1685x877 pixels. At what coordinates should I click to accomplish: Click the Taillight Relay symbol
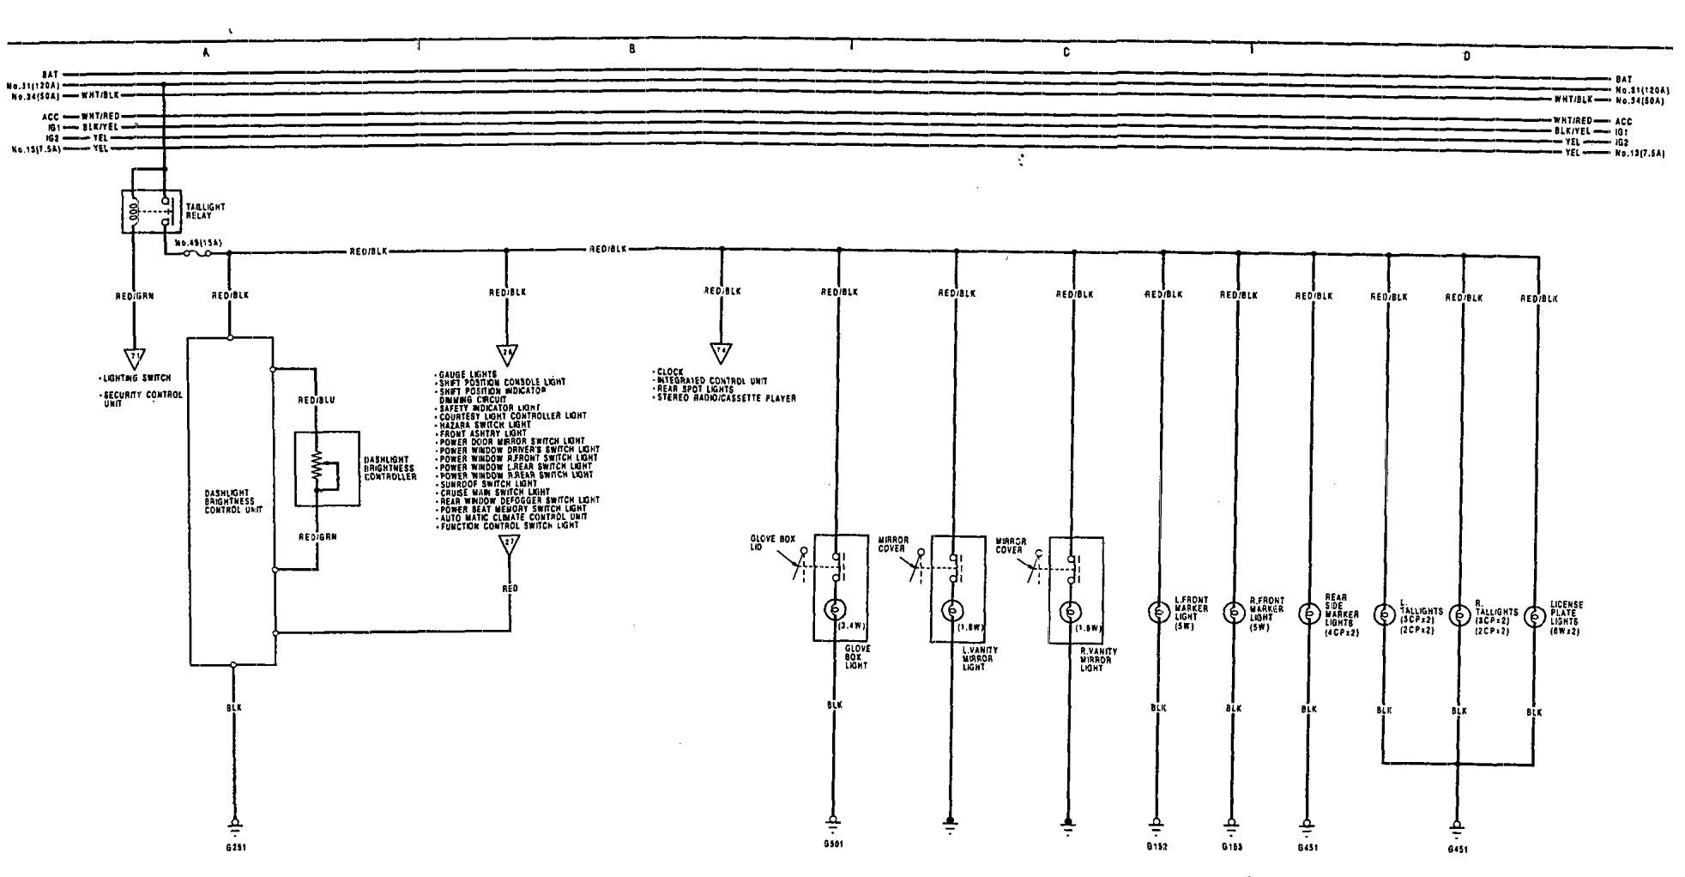click(x=151, y=211)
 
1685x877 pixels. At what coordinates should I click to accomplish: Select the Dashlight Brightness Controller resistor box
click(x=326, y=469)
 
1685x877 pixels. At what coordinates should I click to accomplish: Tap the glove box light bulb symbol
click(x=833, y=609)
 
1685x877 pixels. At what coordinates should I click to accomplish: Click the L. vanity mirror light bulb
click(x=951, y=611)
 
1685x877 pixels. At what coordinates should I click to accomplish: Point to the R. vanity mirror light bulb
click(x=1069, y=612)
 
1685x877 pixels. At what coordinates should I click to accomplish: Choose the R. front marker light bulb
click(x=1233, y=613)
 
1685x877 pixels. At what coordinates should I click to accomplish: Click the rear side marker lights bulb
click(x=1308, y=614)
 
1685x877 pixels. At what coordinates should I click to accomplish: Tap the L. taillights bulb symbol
click(x=1383, y=615)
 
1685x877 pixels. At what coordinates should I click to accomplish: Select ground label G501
click(x=832, y=844)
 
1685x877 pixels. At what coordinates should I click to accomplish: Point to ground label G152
click(x=1157, y=846)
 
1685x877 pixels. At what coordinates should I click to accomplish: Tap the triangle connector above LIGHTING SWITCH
click(x=134, y=356)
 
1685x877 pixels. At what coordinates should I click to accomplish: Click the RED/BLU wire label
click(x=317, y=401)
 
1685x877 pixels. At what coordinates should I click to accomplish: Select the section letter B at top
click(x=632, y=50)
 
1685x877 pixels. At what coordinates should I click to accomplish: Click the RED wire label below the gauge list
click(x=510, y=589)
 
